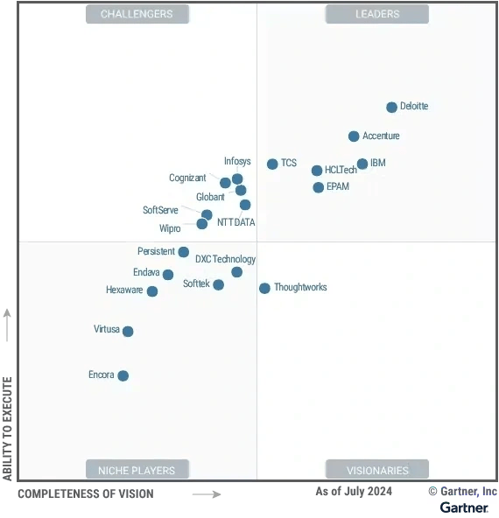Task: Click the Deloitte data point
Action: pos(392,108)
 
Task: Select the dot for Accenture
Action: pos(354,136)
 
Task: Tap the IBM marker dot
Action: pos(362,164)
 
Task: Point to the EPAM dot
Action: pos(319,187)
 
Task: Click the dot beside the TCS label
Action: pos(272,164)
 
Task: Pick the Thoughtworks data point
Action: pos(264,288)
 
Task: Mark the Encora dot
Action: pos(123,376)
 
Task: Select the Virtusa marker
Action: pos(128,332)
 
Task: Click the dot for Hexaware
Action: pos(152,291)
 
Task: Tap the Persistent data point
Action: pos(184,252)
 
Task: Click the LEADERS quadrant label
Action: pos(377,14)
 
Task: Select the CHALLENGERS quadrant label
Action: pos(137,14)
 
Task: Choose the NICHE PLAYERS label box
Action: pos(137,470)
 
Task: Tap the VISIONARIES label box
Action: pos(377,470)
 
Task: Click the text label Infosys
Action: pos(237,161)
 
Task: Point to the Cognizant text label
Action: pos(187,178)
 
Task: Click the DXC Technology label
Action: pos(225,259)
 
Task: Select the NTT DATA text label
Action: pos(236,223)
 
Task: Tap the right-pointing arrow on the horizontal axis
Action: pos(207,494)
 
